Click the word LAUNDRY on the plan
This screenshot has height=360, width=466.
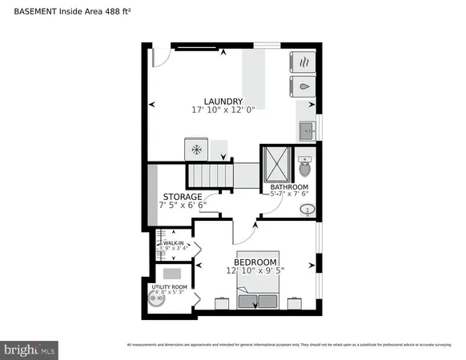(x=223, y=101)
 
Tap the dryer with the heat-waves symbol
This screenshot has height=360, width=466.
(x=305, y=61)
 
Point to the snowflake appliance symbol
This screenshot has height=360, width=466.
(x=196, y=149)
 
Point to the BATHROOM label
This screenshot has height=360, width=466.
(x=289, y=187)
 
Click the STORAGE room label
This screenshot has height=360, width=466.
(x=183, y=196)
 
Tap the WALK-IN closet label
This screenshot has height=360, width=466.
(x=174, y=242)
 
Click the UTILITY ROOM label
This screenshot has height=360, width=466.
(x=169, y=286)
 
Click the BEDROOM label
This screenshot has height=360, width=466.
(x=255, y=262)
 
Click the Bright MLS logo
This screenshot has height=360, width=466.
(x=30, y=349)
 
